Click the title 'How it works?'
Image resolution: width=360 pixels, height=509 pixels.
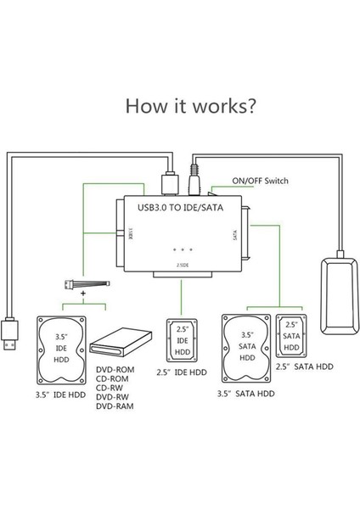click(x=180, y=108)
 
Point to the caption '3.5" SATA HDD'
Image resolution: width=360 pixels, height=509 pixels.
click(x=247, y=393)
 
